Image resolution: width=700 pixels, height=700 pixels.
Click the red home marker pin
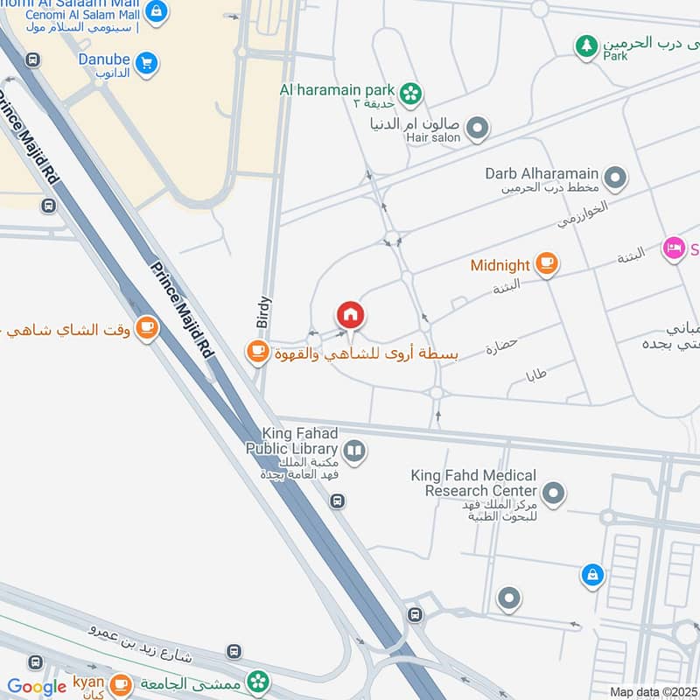tap(350, 315)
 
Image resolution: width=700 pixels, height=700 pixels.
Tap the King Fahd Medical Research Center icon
tap(552, 494)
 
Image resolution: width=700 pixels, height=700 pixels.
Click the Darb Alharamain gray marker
tap(615, 179)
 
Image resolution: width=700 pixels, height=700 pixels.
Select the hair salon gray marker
tap(477, 129)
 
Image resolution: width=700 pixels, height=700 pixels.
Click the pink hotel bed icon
tap(673, 249)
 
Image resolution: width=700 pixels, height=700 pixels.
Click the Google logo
tap(37, 687)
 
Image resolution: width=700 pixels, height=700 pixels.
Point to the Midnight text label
tap(500, 265)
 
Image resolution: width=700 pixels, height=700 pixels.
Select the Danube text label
tap(103, 59)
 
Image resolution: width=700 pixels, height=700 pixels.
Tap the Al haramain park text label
tap(337, 90)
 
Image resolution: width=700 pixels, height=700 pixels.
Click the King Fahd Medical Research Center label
tap(473, 483)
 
